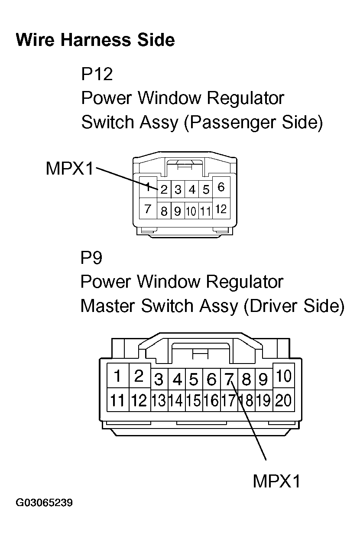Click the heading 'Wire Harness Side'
(x=95, y=40)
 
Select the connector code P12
(x=97, y=74)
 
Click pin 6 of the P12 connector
(x=221, y=188)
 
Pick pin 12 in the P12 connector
(x=221, y=210)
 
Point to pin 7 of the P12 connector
(x=148, y=210)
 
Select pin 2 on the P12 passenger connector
(x=164, y=190)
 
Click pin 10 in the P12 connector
(x=191, y=211)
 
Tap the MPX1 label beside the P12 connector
(x=69, y=169)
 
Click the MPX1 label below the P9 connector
(x=276, y=481)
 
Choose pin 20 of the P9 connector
(x=283, y=400)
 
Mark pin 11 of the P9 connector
(x=117, y=400)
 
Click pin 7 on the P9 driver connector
(x=229, y=380)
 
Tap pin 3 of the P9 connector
(x=159, y=380)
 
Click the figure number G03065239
(x=44, y=503)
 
